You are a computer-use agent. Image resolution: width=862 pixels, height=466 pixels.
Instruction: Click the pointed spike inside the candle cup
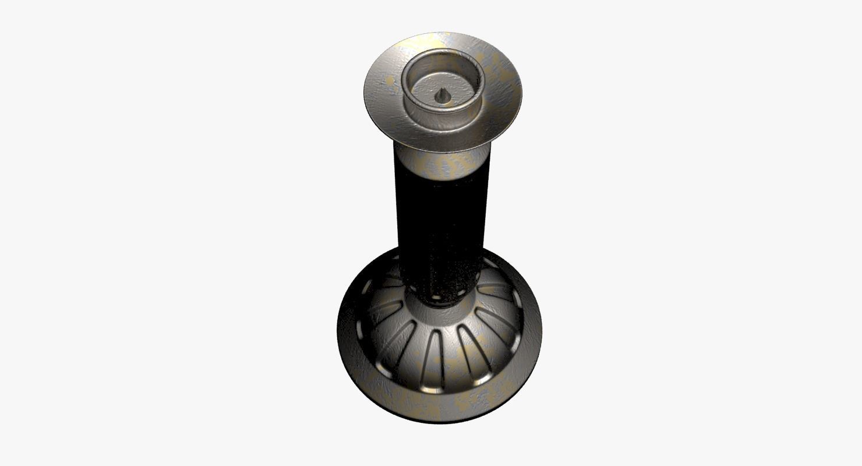[x=442, y=95]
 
